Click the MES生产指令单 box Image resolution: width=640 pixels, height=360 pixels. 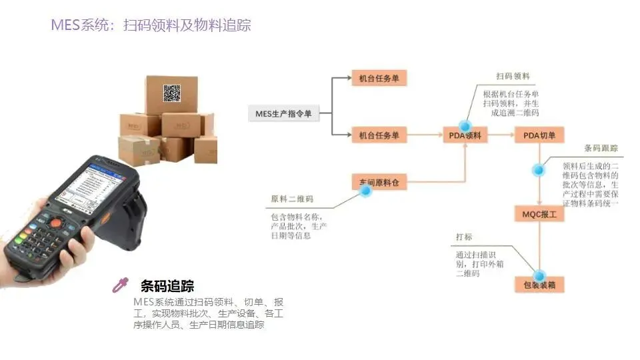click(283, 114)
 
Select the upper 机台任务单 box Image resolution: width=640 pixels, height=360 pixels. click(379, 79)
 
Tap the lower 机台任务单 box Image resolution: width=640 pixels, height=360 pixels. click(379, 135)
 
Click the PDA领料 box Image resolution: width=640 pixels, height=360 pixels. click(465, 135)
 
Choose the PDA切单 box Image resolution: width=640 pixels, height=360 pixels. click(539, 135)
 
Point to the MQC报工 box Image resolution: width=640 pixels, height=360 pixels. click(539, 215)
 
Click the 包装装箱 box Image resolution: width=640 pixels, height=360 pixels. click(539, 285)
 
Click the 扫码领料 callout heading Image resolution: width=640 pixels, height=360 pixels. click(513, 77)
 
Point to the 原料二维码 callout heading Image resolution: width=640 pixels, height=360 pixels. click(292, 199)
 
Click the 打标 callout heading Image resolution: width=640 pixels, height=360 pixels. click(464, 237)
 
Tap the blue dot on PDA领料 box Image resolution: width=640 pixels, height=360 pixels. click(465, 126)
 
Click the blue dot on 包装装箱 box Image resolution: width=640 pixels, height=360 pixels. click(539, 275)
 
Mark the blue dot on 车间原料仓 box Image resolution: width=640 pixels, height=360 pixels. click(365, 190)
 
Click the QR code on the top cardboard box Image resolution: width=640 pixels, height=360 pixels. click(172, 93)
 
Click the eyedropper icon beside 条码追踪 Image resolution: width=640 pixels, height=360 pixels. click(120, 285)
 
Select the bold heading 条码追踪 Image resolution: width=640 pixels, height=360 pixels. click(167, 286)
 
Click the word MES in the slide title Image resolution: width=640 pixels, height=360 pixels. click(65, 25)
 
